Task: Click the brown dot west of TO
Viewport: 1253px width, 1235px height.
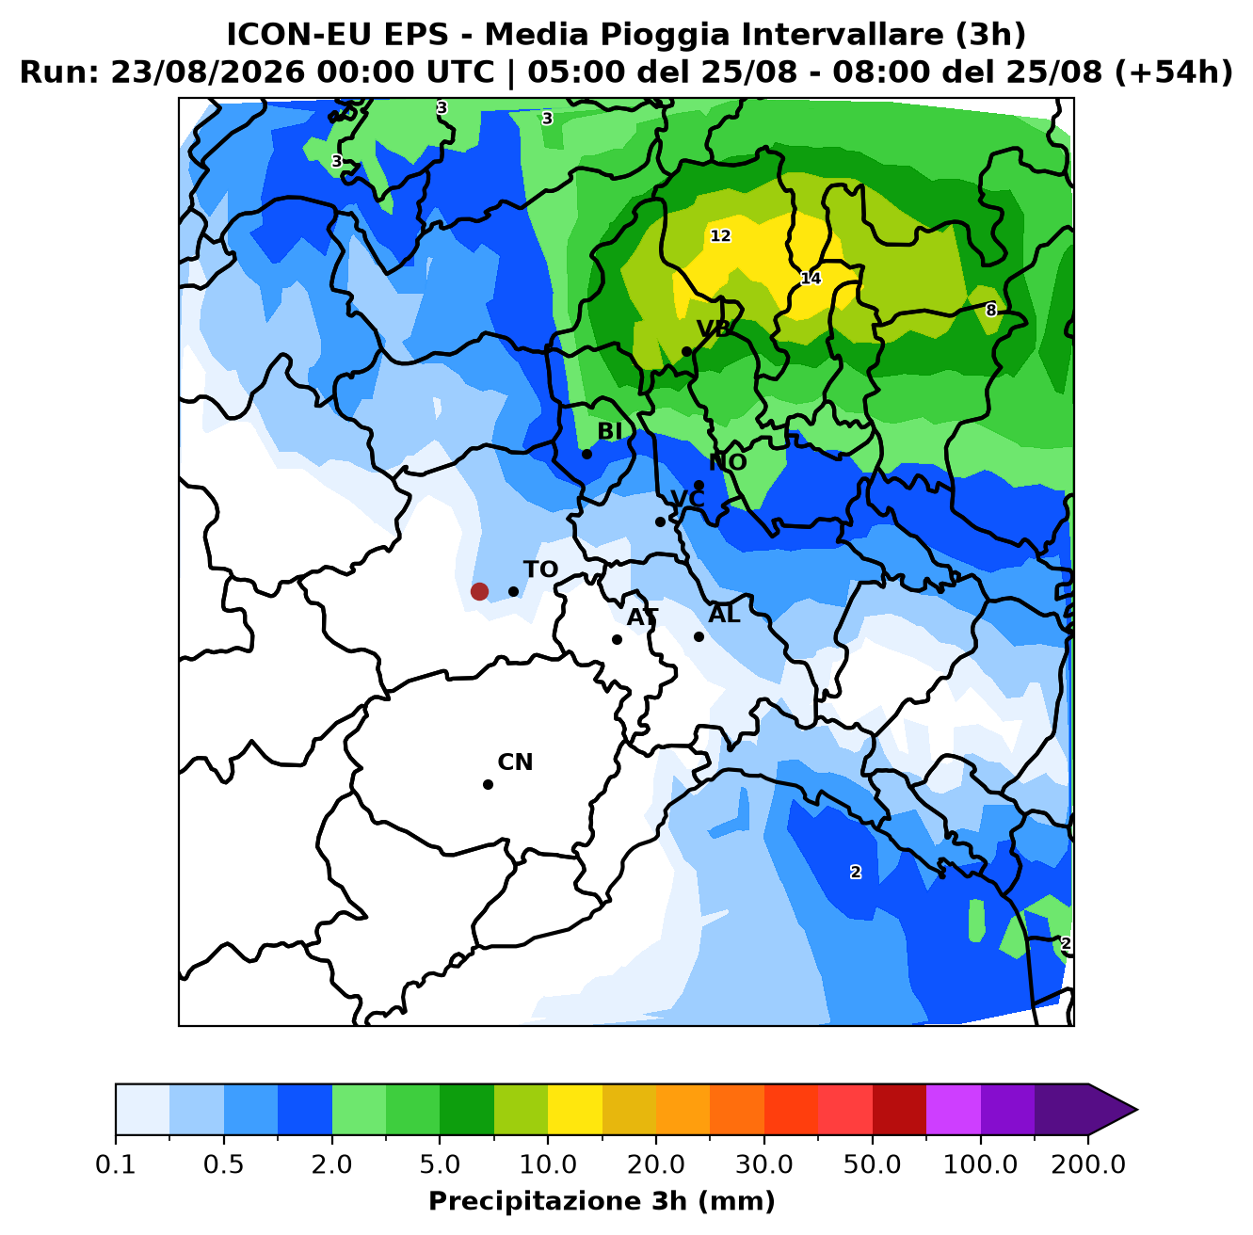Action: (x=479, y=591)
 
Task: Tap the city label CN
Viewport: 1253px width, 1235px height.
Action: (x=515, y=762)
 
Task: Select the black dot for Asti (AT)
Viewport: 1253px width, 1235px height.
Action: (x=617, y=640)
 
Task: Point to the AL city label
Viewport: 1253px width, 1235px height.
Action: (x=724, y=614)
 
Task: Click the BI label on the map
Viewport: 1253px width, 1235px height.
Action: (x=610, y=431)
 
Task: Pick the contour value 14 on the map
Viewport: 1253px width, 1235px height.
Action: (x=811, y=279)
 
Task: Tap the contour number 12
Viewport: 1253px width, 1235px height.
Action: (x=720, y=235)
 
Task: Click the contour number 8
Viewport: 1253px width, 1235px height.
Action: (x=991, y=311)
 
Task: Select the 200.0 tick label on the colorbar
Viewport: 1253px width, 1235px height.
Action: (x=1088, y=1164)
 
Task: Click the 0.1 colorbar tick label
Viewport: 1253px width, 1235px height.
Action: (x=116, y=1164)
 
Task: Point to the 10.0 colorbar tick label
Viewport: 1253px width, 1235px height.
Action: (x=548, y=1164)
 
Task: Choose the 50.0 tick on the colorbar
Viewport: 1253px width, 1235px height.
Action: (x=873, y=1164)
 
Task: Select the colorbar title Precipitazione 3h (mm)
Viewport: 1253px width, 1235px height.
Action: (x=602, y=1201)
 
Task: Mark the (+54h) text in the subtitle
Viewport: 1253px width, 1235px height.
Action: (x=1173, y=72)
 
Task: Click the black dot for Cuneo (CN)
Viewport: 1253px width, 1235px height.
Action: (x=488, y=784)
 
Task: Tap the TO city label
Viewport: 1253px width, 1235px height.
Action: (x=541, y=569)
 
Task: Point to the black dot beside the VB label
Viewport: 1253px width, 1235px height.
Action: (x=686, y=352)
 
